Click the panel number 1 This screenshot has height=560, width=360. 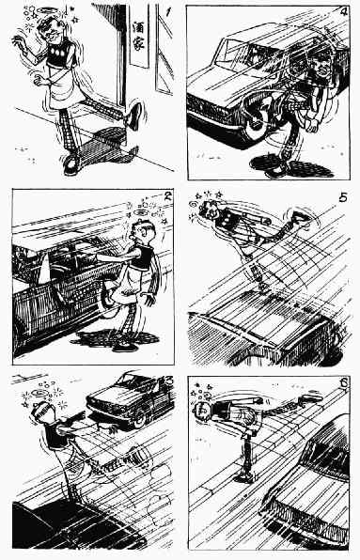pyautogui.click(x=168, y=12)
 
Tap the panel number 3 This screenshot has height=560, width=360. pyautogui.click(x=168, y=380)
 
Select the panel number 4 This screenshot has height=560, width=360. pyautogui.click(x=343, y=12)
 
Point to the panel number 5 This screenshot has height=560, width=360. pyautogui.click(x=343, y=197)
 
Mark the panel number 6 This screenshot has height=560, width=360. pyautogui.click(x=344, y=382)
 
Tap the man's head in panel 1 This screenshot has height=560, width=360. pyautogui.click(x=51, y=29)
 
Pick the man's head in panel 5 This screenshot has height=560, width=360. pyautogui.click(x=209, y=210)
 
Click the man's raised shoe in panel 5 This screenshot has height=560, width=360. pyautogui.click(x=299, y=217)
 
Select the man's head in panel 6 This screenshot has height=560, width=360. pyautogui.click(x=202, y=411)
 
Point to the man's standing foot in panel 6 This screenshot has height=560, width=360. pyautogui.click(x=247, y=475)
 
